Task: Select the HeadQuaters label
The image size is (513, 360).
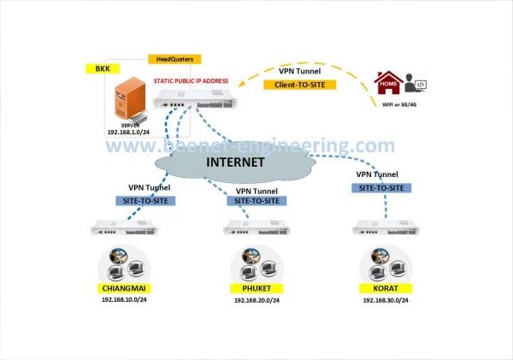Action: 174,59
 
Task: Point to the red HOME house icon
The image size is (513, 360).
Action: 388,85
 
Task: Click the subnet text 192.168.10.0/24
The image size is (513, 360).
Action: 125,300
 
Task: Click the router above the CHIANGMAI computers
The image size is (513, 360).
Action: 125,229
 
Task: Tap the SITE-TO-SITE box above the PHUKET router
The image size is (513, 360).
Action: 256,201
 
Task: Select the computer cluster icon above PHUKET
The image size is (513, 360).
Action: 252,262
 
